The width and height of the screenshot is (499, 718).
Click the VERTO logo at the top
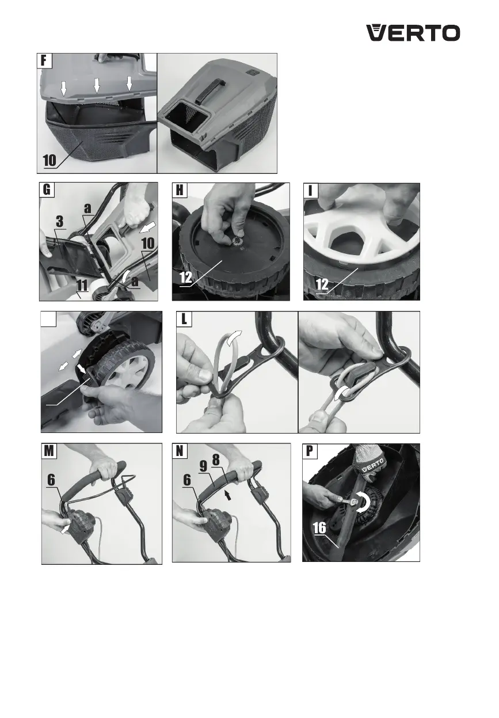point(413,33)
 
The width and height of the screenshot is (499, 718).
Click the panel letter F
point(44,60)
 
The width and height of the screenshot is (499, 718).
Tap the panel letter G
point(47,189)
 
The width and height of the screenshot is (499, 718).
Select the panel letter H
point(180,190)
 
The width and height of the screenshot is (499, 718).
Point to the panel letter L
point(184,319)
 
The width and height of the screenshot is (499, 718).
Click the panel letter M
point(49,451)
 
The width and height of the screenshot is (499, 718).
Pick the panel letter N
point(180,451)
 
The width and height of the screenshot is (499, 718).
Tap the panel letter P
point(310,451)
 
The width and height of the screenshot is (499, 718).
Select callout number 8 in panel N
point(216,460)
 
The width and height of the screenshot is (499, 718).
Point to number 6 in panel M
point(51,480)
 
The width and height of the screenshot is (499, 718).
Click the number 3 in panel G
point(60,222)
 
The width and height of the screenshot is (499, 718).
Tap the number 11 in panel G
point(82,285)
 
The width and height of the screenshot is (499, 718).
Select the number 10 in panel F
point(49,160)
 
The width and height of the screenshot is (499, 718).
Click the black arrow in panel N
point(227,496)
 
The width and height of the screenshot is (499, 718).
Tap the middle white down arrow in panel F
point(97,86)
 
